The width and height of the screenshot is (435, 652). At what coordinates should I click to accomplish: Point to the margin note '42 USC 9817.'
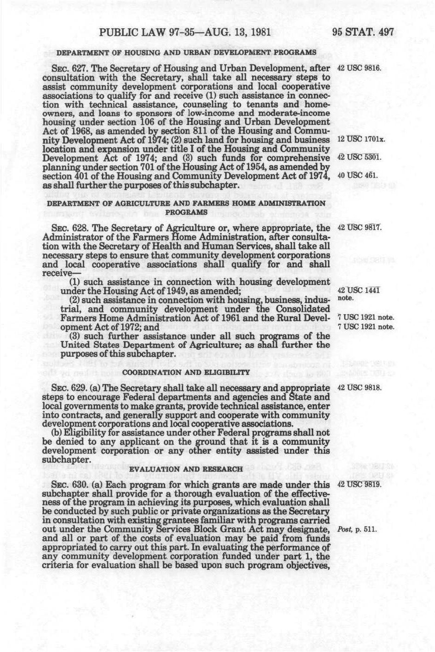pos(360,228)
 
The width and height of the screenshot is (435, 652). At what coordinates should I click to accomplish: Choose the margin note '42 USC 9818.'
pos(360,387)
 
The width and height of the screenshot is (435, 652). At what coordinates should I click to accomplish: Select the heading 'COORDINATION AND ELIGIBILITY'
pos(188,372)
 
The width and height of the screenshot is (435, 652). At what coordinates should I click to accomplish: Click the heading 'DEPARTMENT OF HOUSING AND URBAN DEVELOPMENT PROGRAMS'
pos(186,52)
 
